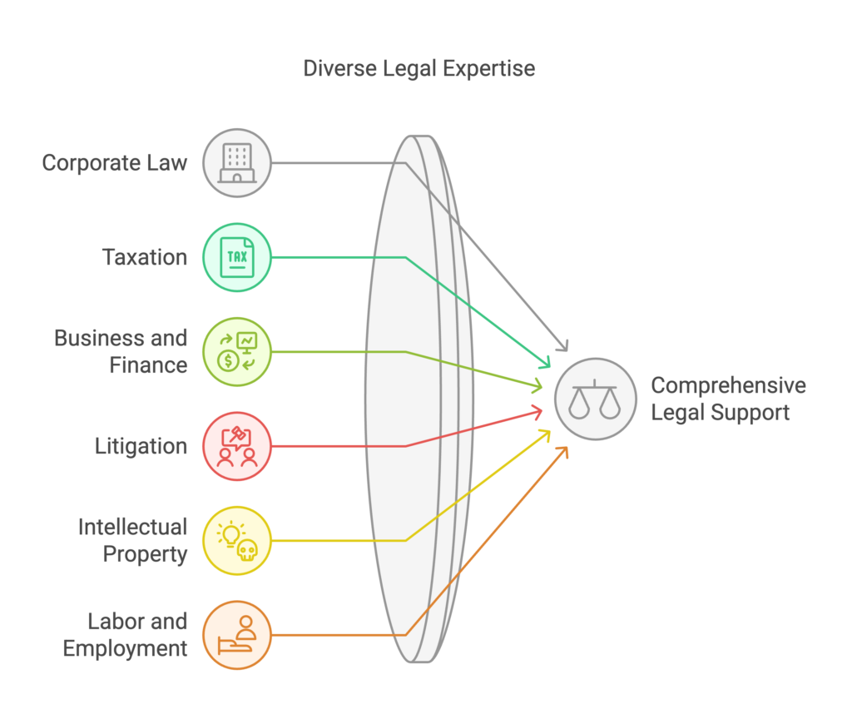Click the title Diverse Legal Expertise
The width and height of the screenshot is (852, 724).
tap(419, 68)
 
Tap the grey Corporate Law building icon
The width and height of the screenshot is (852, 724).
tap(237, 162)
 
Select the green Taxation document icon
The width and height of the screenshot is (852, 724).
tap(237, 257)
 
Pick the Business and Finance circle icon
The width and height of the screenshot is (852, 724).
tap(237, 351)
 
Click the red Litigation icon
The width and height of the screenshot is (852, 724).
tap(237, 446)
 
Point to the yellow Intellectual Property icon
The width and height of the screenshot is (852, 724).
tap(237, 540)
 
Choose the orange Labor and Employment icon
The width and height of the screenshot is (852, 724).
tap(237, 635)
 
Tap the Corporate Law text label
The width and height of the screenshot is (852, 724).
tap(115, 162)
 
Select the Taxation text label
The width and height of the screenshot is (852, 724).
tap(145, 257)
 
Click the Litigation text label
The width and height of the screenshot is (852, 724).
tap(141, 446)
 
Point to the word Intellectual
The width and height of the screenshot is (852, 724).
tap(133, 527)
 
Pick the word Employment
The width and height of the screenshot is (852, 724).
tap(126, 648)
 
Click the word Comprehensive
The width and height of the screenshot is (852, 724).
tap(728, 385)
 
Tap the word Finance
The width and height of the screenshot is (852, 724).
tap(149, 364)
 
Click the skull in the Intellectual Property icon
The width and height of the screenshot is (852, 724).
tap(246, 549)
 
